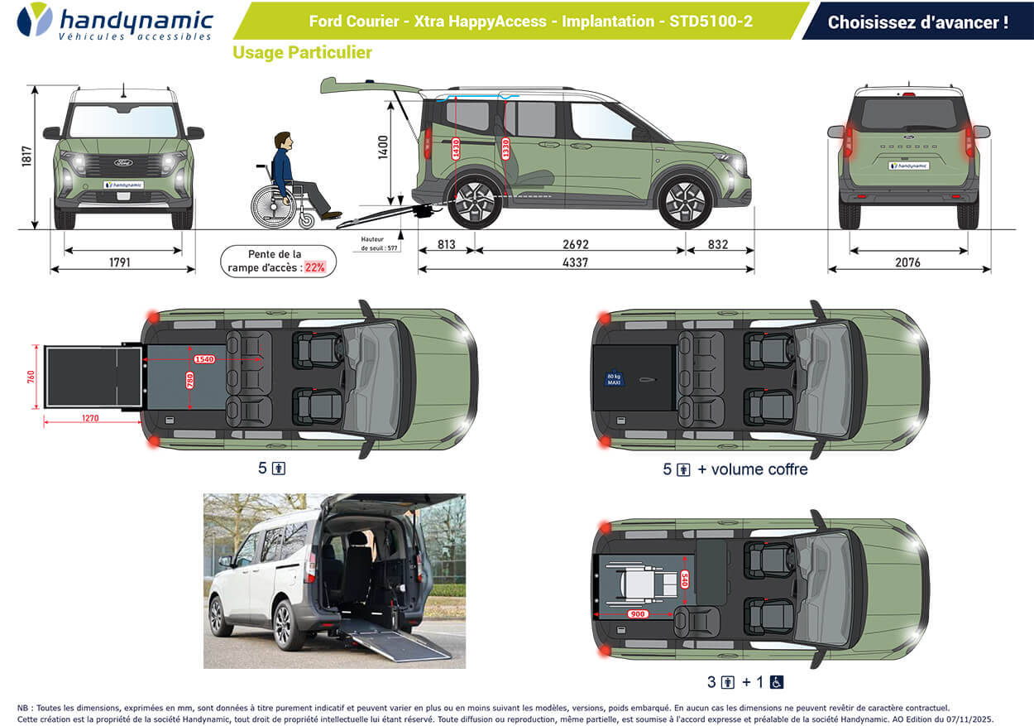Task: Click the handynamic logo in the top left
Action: coord(115,22)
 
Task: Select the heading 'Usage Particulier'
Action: coord(302,53)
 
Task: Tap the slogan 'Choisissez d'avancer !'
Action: coord(917,22)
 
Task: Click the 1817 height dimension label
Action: coord(26,157)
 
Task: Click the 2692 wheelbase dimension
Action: coord(575,244)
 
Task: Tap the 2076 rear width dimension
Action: coord(908,262)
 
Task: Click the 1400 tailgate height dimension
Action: coord(383,147)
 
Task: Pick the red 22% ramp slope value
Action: coord(314,267)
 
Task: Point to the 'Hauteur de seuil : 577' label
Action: coord(380,243)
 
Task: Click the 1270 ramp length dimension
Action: coord(90,418)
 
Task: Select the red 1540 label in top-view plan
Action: coord(204,359)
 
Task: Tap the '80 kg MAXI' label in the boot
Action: coord(614,380)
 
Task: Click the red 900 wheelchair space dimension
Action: coord(637,614)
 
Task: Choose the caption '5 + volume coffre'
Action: coord(735,469)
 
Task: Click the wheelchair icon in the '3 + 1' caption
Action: coord(777,682)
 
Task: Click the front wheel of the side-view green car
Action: coord(685,200)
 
